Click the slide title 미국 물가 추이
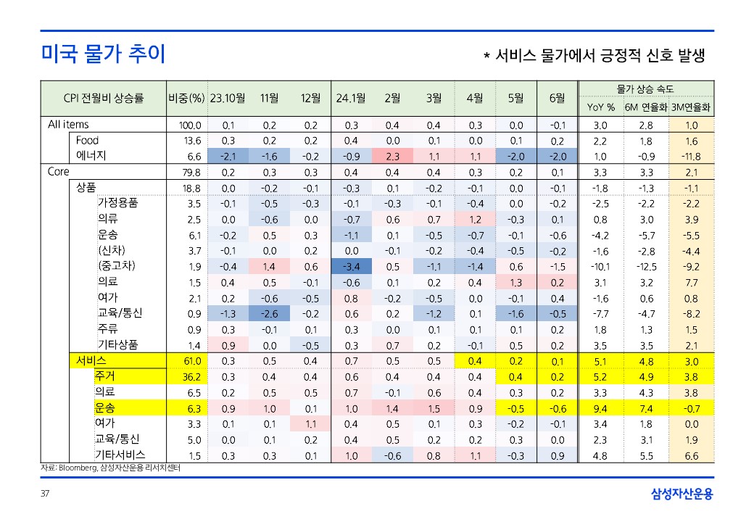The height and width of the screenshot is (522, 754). (x=104, y=54)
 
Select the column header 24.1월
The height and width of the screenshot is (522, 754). (x=351, y=98)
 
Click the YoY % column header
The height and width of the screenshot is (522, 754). (x=600, y=107)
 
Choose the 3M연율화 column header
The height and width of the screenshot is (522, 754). (x=692, y=107)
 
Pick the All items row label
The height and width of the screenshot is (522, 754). (x=68, y=125)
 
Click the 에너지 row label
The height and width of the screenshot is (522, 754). (x=93, y=156)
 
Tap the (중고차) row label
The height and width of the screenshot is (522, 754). (x=118, y=266)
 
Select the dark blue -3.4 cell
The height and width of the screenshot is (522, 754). (x=351, y=266)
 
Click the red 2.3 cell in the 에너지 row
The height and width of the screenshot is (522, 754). (x=393, y=156)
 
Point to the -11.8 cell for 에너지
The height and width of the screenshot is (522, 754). (x=692, y=156)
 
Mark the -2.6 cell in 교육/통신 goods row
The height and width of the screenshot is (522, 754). (x=269, y=313)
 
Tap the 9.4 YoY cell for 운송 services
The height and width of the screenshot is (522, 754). (x=600, y=408)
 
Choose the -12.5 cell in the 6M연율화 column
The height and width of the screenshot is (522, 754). (x=646, y=266)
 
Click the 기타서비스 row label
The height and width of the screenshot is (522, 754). (x=120, y=455)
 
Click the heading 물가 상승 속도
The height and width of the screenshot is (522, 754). (x=645, y=88)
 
